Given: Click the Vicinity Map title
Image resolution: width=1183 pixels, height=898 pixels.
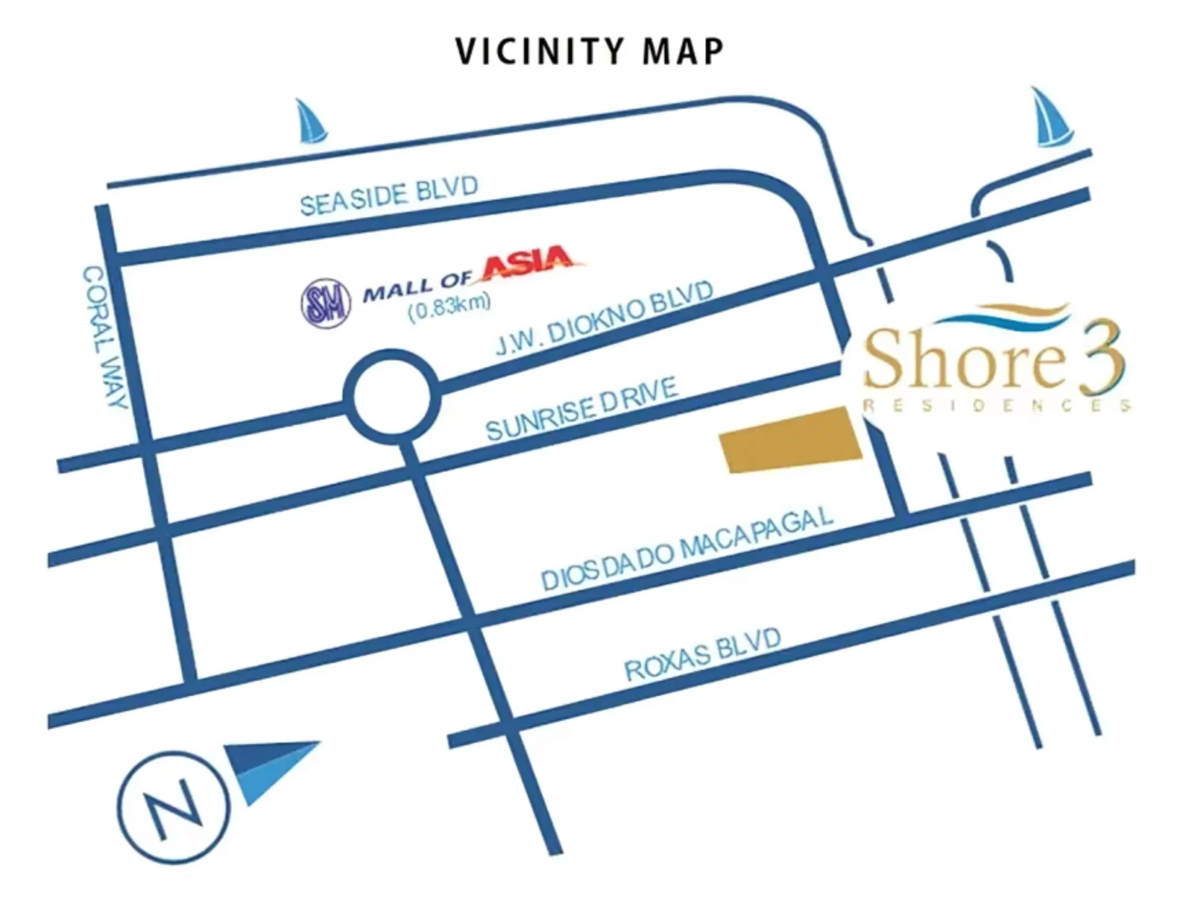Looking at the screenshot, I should [590, 51].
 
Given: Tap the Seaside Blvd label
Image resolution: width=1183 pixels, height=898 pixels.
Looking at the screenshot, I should [389, 196].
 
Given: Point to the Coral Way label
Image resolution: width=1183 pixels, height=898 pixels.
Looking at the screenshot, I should [106, 338].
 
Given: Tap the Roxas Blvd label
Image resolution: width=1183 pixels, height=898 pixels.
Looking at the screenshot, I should [703, 654].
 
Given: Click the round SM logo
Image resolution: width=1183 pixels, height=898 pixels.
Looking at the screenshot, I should [326, 303].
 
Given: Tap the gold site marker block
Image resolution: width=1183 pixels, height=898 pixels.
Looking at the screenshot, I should [791, 440].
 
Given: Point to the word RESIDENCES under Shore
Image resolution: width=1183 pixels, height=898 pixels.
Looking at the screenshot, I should [996, 406].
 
